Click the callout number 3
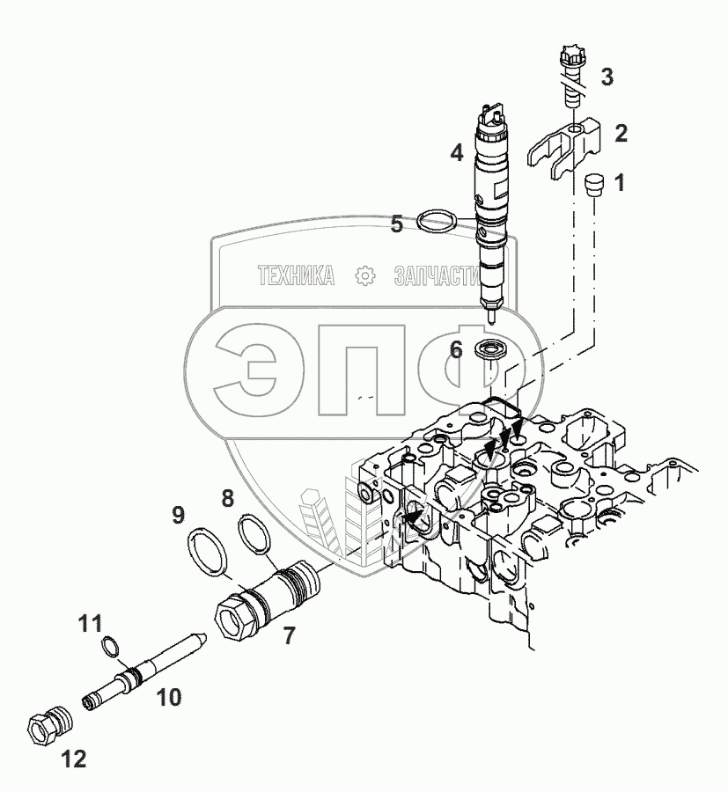[x=607, y=77]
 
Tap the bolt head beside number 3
[x=570, y=54]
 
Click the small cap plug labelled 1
[x=593, y=185]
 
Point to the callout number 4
[x=457, y=152]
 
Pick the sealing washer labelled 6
[x=493, y=349]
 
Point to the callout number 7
[x=288, y=635]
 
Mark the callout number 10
[x=168, y=698]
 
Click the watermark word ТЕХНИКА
[x=296, y=275]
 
